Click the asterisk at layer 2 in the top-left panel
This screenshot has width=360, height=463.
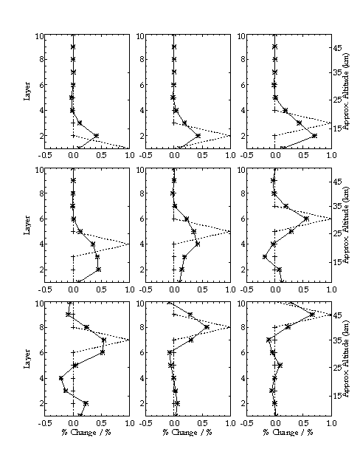tap(96, 136)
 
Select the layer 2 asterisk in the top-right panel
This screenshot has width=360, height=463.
tap(314, 136)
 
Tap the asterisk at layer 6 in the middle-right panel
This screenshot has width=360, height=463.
tap(306, 219)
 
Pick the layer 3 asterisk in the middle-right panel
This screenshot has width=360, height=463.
tap(265, 257)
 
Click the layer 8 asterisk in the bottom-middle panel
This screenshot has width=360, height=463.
tap(207, 327)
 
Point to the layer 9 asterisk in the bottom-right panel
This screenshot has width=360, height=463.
tap(312, 315)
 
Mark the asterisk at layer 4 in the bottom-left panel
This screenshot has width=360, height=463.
tap(61, 378)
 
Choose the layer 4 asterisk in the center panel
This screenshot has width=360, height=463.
tap(198, 244)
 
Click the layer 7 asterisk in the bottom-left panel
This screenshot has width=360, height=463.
tap(103, 340)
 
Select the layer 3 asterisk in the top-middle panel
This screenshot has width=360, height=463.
tap(184, 123)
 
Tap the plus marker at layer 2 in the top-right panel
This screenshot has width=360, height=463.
tap(274, 136)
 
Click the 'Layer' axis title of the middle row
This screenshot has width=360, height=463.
tap(27, 225)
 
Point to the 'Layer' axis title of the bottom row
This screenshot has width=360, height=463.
tap(27, 359)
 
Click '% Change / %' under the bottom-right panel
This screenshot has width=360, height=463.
tap(288, 433)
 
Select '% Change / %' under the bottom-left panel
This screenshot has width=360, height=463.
tap(86, 433)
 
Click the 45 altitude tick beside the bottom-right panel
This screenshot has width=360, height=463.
tap(338, 315)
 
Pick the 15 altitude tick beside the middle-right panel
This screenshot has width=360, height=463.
tap(338, 262)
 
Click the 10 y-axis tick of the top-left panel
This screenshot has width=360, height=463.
tap(40, 36)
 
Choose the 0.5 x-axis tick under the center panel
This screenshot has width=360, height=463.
tap(202, 289)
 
